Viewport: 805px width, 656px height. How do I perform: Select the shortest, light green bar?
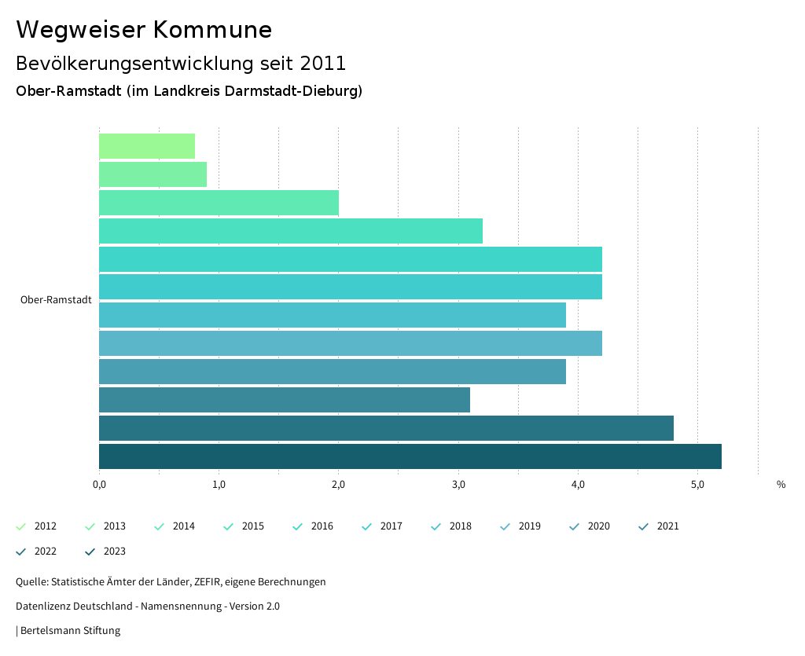coord(147,146)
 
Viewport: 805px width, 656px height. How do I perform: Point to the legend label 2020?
coord(598,526)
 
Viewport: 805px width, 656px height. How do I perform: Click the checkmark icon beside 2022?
coord(21,552)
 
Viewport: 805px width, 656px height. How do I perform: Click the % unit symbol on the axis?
coord(781,485)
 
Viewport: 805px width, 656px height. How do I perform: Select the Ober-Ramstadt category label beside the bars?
coord(56,300)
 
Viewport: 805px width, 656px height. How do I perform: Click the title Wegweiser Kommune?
coord(144,30)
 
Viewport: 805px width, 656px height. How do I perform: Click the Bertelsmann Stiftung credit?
coord(70,631)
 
